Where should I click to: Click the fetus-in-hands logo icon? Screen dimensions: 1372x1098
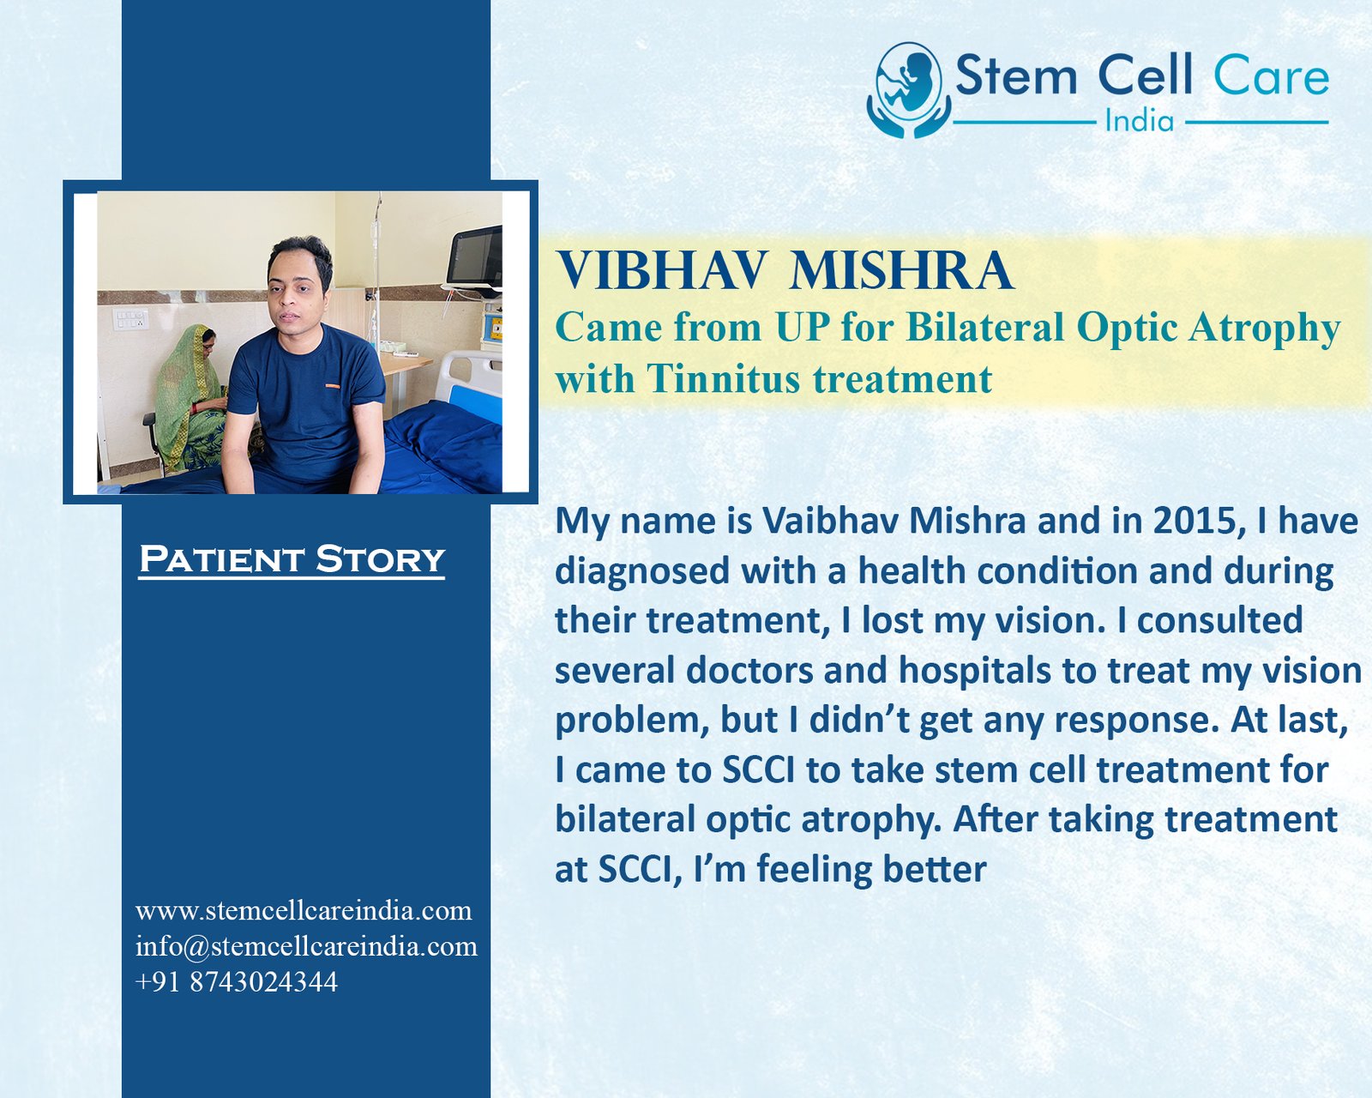tap(908, 90)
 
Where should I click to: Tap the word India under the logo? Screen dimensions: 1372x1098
tap(1140, 121)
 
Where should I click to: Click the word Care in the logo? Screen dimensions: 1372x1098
tap(1272, 76)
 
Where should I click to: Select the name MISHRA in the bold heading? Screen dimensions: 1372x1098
tap(901, 271)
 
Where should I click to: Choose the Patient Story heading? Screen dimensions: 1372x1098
tap(292, 559)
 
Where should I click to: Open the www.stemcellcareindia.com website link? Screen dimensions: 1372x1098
tap(304, 911)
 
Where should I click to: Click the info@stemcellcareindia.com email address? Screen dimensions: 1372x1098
tap(306, 946)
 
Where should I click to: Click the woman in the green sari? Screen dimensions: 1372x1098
tap(190, 399)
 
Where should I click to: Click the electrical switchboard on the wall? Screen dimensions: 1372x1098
tap(130, 319)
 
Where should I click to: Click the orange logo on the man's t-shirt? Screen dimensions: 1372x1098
tap(333, 385)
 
